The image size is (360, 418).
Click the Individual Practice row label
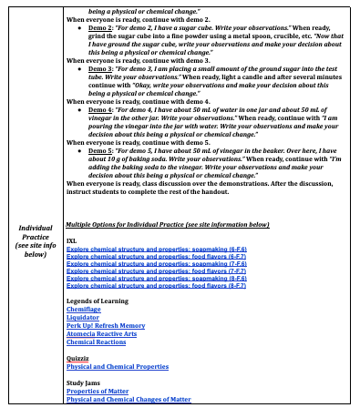34,240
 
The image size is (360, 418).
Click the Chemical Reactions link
97,342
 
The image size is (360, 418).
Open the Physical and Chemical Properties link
118,366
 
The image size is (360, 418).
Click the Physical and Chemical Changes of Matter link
129,399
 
